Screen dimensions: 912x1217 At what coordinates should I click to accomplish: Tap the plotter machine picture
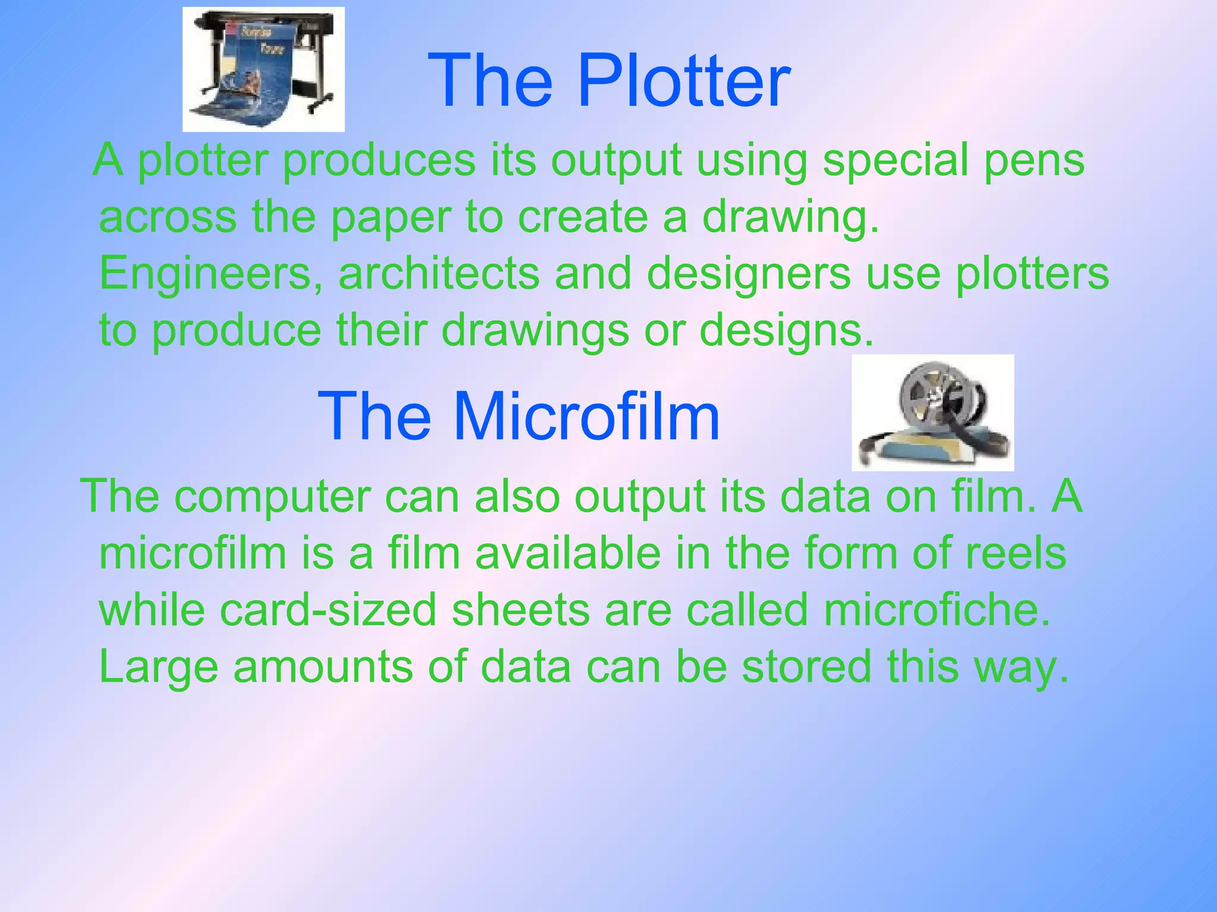pos(263,69)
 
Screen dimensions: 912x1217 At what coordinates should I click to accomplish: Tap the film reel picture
pos(932,413)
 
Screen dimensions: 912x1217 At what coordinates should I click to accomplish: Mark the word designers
pos(749,274)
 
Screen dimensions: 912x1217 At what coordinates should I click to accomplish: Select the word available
pos(567,553)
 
